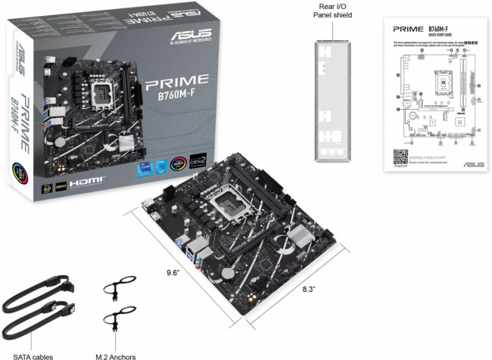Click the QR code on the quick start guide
coord(400,157)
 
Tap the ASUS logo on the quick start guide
coord(473,164)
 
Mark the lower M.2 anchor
coord(117,318)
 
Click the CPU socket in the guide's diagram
coord(443,76)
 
